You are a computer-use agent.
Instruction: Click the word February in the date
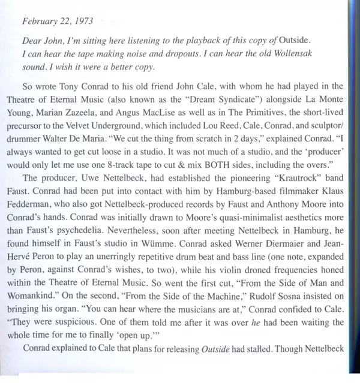40,21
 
